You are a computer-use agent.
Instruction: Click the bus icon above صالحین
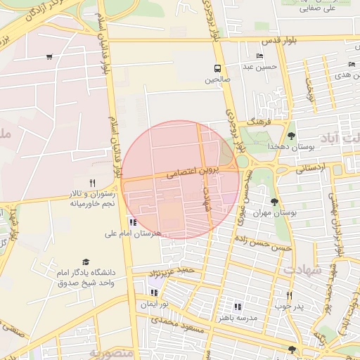pos(217,69)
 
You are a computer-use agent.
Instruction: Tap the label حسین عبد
pos(261,67)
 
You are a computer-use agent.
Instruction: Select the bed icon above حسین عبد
pos(260,56)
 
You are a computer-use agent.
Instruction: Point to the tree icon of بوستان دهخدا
pos(291,136)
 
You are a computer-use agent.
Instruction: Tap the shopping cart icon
pos(49,57)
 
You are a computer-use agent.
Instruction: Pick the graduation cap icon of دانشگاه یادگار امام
pos(86,262)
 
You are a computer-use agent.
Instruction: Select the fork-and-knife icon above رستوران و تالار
pos(92,183)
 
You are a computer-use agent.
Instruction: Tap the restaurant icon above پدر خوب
pos(288,295)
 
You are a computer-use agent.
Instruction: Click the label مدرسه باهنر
pos(238,317)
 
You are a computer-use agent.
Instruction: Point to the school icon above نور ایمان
pos(153,292)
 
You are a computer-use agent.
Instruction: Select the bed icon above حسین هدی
pos(351,65)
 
